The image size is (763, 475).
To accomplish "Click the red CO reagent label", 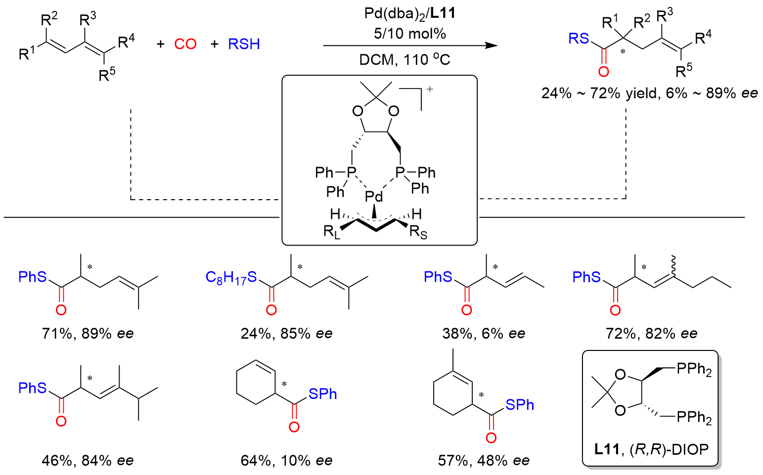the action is [x=185, y=44].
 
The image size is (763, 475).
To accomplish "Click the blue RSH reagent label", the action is [x=244, y=44].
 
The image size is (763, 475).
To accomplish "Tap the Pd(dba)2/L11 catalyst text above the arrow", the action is [x=410, y=14].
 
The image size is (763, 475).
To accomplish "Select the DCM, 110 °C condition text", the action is [x=404, y=60].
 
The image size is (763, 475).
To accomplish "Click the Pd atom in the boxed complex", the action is [x=374, y=196].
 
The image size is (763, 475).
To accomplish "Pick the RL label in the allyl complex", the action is [x=331, y=233].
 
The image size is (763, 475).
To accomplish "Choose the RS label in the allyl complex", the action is [x=418, y=233].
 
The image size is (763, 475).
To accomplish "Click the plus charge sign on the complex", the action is [x=430, y=89].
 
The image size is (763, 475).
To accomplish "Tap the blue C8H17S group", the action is [x=231, y=277].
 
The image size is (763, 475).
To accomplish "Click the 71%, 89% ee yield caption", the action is [x=88, y=334].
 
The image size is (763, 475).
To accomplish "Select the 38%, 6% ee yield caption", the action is [x=484, y=334].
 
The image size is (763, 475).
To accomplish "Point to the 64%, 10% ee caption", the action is [x=286, y=461].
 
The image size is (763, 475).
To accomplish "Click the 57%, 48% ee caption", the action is [x=484, y=461].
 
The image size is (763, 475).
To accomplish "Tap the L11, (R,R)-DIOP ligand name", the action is [x=651, y=449].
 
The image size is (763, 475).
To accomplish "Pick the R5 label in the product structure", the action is [x=684, y=71].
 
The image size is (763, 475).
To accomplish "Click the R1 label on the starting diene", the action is [x=27, y=53].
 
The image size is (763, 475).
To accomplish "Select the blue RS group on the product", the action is [x=579, y=39].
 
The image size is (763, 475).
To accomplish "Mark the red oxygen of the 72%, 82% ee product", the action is [x=615, y=310].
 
